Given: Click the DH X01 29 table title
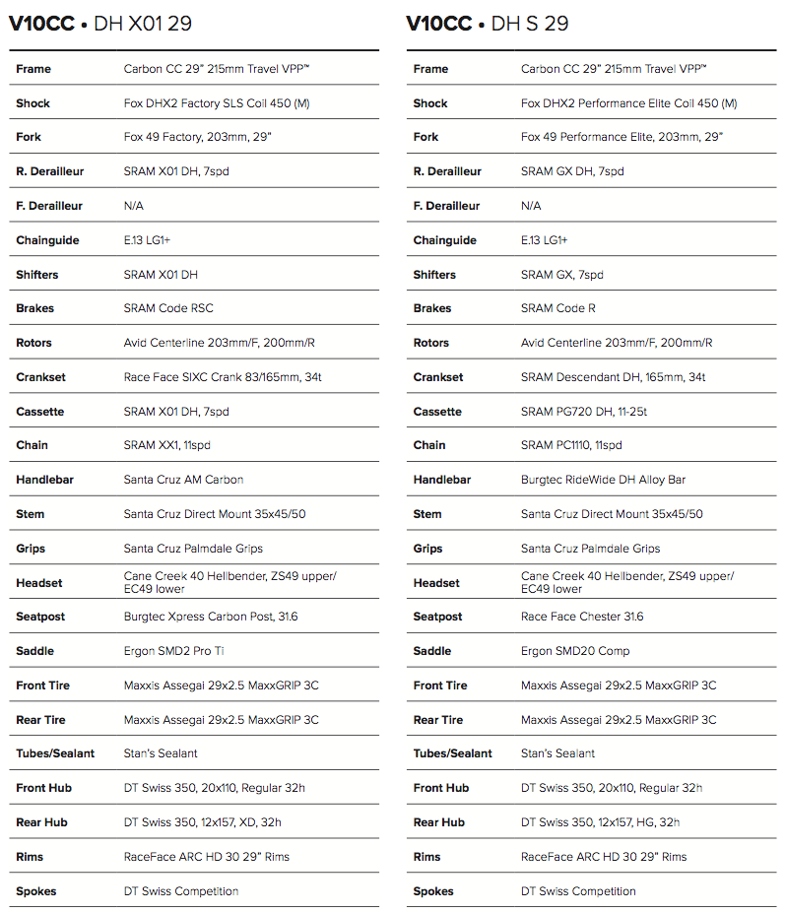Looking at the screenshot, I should pyautogui.click(x=99, y=24).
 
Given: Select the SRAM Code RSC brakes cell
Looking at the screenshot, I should pyautogui.click(x=168, y=308).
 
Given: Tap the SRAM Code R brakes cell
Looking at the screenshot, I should pyautogui.click(x=557, y=308).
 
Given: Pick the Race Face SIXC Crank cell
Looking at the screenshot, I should pyautogui.click(x=222, y=377).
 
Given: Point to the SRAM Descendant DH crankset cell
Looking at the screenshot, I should pyautogui.click(x=613, y=377).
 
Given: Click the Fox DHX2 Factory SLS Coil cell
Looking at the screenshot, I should pyautogui.click(x=232, y=103).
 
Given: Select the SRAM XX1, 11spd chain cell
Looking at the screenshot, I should pyautogui.click(x=166, y=445).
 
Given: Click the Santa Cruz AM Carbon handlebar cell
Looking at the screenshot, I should pyautogui.click(x=183, y=480).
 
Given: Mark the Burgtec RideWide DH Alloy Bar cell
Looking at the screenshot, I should pyautogui.click(x=603, y=480).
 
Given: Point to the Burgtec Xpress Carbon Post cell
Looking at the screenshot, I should pyautogui.click(x=211, y=617).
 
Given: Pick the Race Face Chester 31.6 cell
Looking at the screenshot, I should pyautogui.click(x=582, y=617).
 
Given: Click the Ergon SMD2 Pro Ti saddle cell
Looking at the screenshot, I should pyautogui.click(x=174, y=651).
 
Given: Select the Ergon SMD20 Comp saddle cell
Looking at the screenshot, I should pyautogui.click(x=575, y=651).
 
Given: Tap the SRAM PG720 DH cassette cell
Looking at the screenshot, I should pyautogui.click(x=583, y=412).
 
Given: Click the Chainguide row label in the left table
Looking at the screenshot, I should pyautogui.click(x=47, y=240).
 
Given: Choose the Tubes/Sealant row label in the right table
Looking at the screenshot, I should pyautogui.click(x=452, y=753).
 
